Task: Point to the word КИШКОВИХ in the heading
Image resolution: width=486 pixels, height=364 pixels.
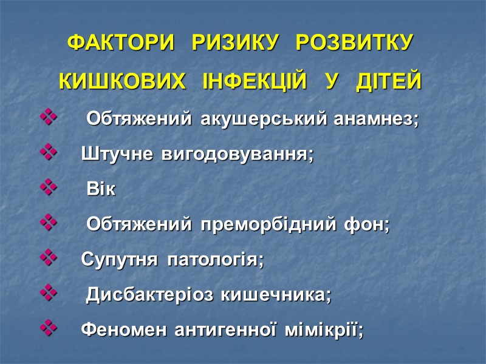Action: [122, 81]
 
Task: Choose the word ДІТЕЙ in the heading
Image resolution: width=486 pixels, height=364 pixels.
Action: [389, 81]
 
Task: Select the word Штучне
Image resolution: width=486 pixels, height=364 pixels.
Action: [118, 155]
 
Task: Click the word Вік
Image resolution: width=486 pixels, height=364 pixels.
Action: [100, 190]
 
